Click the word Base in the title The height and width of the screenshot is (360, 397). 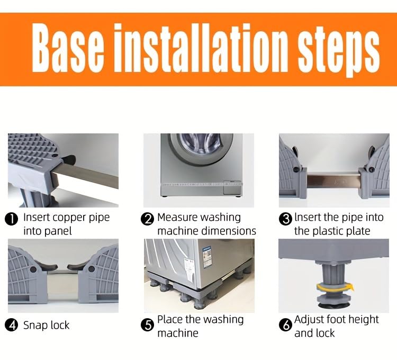68,48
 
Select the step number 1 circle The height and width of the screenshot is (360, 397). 11,219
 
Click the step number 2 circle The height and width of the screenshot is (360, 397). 147,219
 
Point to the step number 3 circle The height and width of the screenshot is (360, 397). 285,219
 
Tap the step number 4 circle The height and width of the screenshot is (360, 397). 11,325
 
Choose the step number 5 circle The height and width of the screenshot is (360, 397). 147,325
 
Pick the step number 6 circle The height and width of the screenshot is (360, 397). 285,325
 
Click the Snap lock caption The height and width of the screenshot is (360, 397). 46,325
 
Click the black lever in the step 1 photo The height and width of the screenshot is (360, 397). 69,160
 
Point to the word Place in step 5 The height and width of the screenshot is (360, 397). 170,319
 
